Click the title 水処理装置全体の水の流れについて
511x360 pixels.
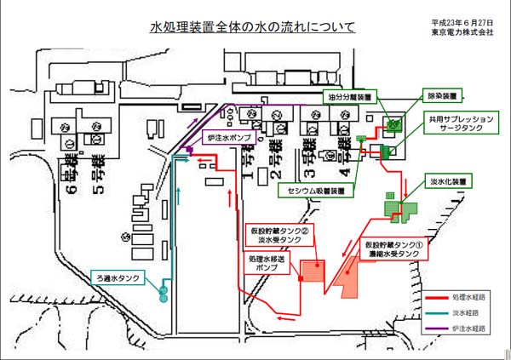[x=253, y=28]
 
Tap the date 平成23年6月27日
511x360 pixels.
[x=462, y=22]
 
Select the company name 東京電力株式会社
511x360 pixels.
[x=462, y=32]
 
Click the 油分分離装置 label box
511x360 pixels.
[x=347, y=98]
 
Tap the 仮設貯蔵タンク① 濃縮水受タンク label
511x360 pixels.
[x=392, y=248]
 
